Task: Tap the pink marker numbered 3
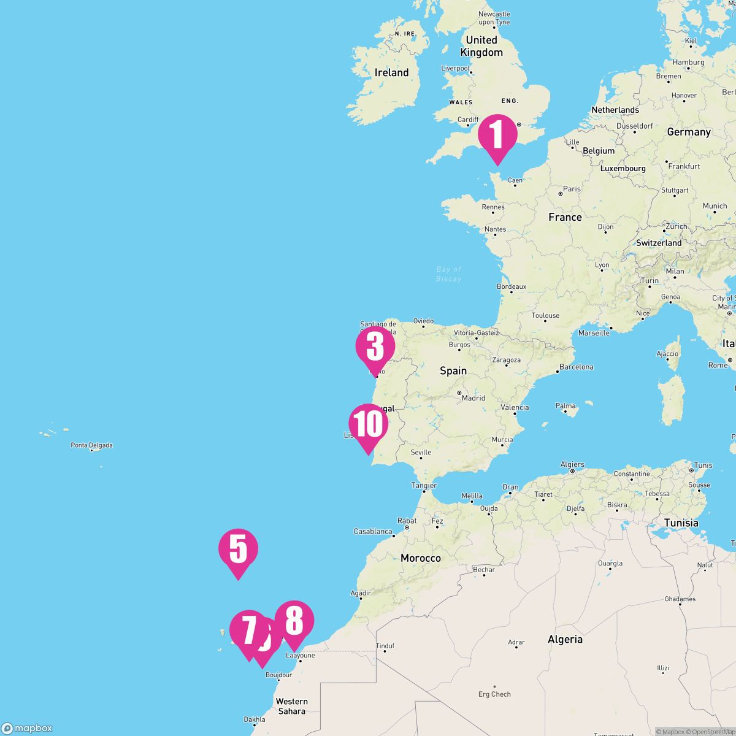(375, 347)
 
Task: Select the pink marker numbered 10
(368, 424)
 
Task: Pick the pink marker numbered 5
(238, 548)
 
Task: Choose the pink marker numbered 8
(294, 621)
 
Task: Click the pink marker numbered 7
(248, 630)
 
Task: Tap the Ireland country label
(391, 72)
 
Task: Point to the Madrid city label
(473, 397)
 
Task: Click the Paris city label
(572, 189)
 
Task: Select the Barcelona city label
(577, 367)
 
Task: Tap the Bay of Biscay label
(448, 274)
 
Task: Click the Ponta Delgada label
(91, 445)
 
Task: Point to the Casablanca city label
(373, 531)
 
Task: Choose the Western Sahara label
(291, 706)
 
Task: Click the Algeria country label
(565, 639)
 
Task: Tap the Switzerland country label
(659, 243)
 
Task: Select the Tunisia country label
(681, 523)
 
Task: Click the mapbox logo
(27, 728)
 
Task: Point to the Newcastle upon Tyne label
(494, 18)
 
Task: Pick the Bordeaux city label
(512, 286)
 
